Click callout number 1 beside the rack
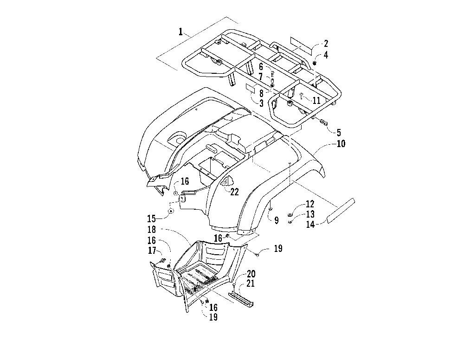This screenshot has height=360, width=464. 180,32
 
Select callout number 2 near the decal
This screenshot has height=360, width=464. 326,44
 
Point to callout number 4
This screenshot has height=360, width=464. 326,55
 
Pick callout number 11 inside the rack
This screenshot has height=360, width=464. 316,100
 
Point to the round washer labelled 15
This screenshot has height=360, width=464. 170,212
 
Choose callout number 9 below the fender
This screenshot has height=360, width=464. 277,221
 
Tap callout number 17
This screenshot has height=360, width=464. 151,251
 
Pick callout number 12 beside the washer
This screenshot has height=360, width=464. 310,204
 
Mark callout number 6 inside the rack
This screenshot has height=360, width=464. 261,67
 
